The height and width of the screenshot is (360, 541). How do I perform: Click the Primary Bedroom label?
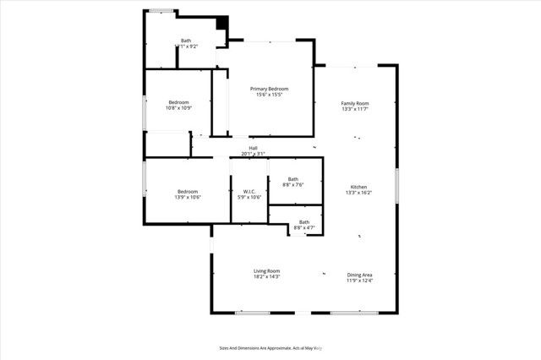pos(269,89)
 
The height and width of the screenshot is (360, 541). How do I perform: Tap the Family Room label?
pos(355,103)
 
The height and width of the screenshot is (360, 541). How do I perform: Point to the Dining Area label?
pos(360,275)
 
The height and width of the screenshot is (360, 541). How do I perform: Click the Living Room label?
pos(266,270)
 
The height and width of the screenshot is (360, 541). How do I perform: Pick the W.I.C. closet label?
pos(249,191)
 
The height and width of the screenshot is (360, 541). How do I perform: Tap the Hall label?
pos(253,148)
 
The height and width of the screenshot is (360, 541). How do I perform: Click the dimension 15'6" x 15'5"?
pos(269,95)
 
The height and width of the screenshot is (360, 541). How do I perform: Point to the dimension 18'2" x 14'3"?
pos(266,276)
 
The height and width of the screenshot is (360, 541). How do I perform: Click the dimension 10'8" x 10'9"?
pos(178,107)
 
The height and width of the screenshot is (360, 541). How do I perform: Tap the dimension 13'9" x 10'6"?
pos(188,197)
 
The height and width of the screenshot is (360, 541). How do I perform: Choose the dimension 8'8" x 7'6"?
pos(293,184)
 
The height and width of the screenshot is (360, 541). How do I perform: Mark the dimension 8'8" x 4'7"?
pos(304,227)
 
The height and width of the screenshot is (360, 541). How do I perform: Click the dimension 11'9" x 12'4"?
pos(360,281)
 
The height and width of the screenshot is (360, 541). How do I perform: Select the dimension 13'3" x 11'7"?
pos(355,109)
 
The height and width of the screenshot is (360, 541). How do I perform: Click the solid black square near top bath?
pos(222,24)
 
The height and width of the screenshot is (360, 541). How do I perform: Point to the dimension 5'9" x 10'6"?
pos(249,197)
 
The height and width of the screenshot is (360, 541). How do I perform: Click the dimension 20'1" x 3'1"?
pos(253,154)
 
